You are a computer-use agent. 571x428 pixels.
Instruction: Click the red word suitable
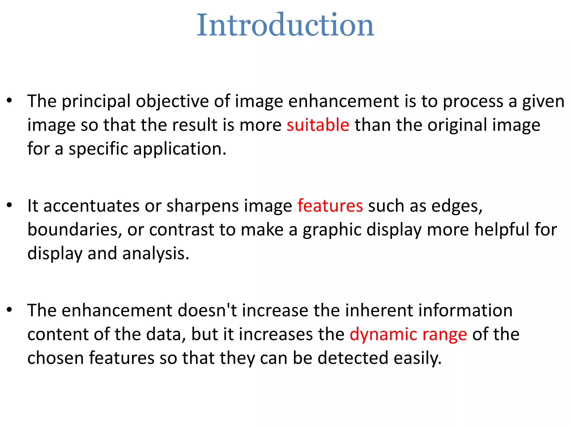pos(318,125)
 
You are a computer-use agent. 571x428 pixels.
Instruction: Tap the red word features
pos(330,206)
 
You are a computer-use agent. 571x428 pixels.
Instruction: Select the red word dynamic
pos(383,334)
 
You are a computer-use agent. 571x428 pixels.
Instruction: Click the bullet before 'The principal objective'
pos(10,101)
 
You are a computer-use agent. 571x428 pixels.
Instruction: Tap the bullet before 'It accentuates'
pos(10,205)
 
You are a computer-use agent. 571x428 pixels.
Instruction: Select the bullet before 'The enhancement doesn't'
pos(10,310)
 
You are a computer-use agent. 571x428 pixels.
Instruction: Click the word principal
pos(96,101)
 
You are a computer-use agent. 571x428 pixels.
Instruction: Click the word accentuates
pos(91,206)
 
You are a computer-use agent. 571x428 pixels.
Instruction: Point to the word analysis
pos(156,254)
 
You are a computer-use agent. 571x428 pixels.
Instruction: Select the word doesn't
pos(207,310)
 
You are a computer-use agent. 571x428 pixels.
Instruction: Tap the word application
pos(180,149)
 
